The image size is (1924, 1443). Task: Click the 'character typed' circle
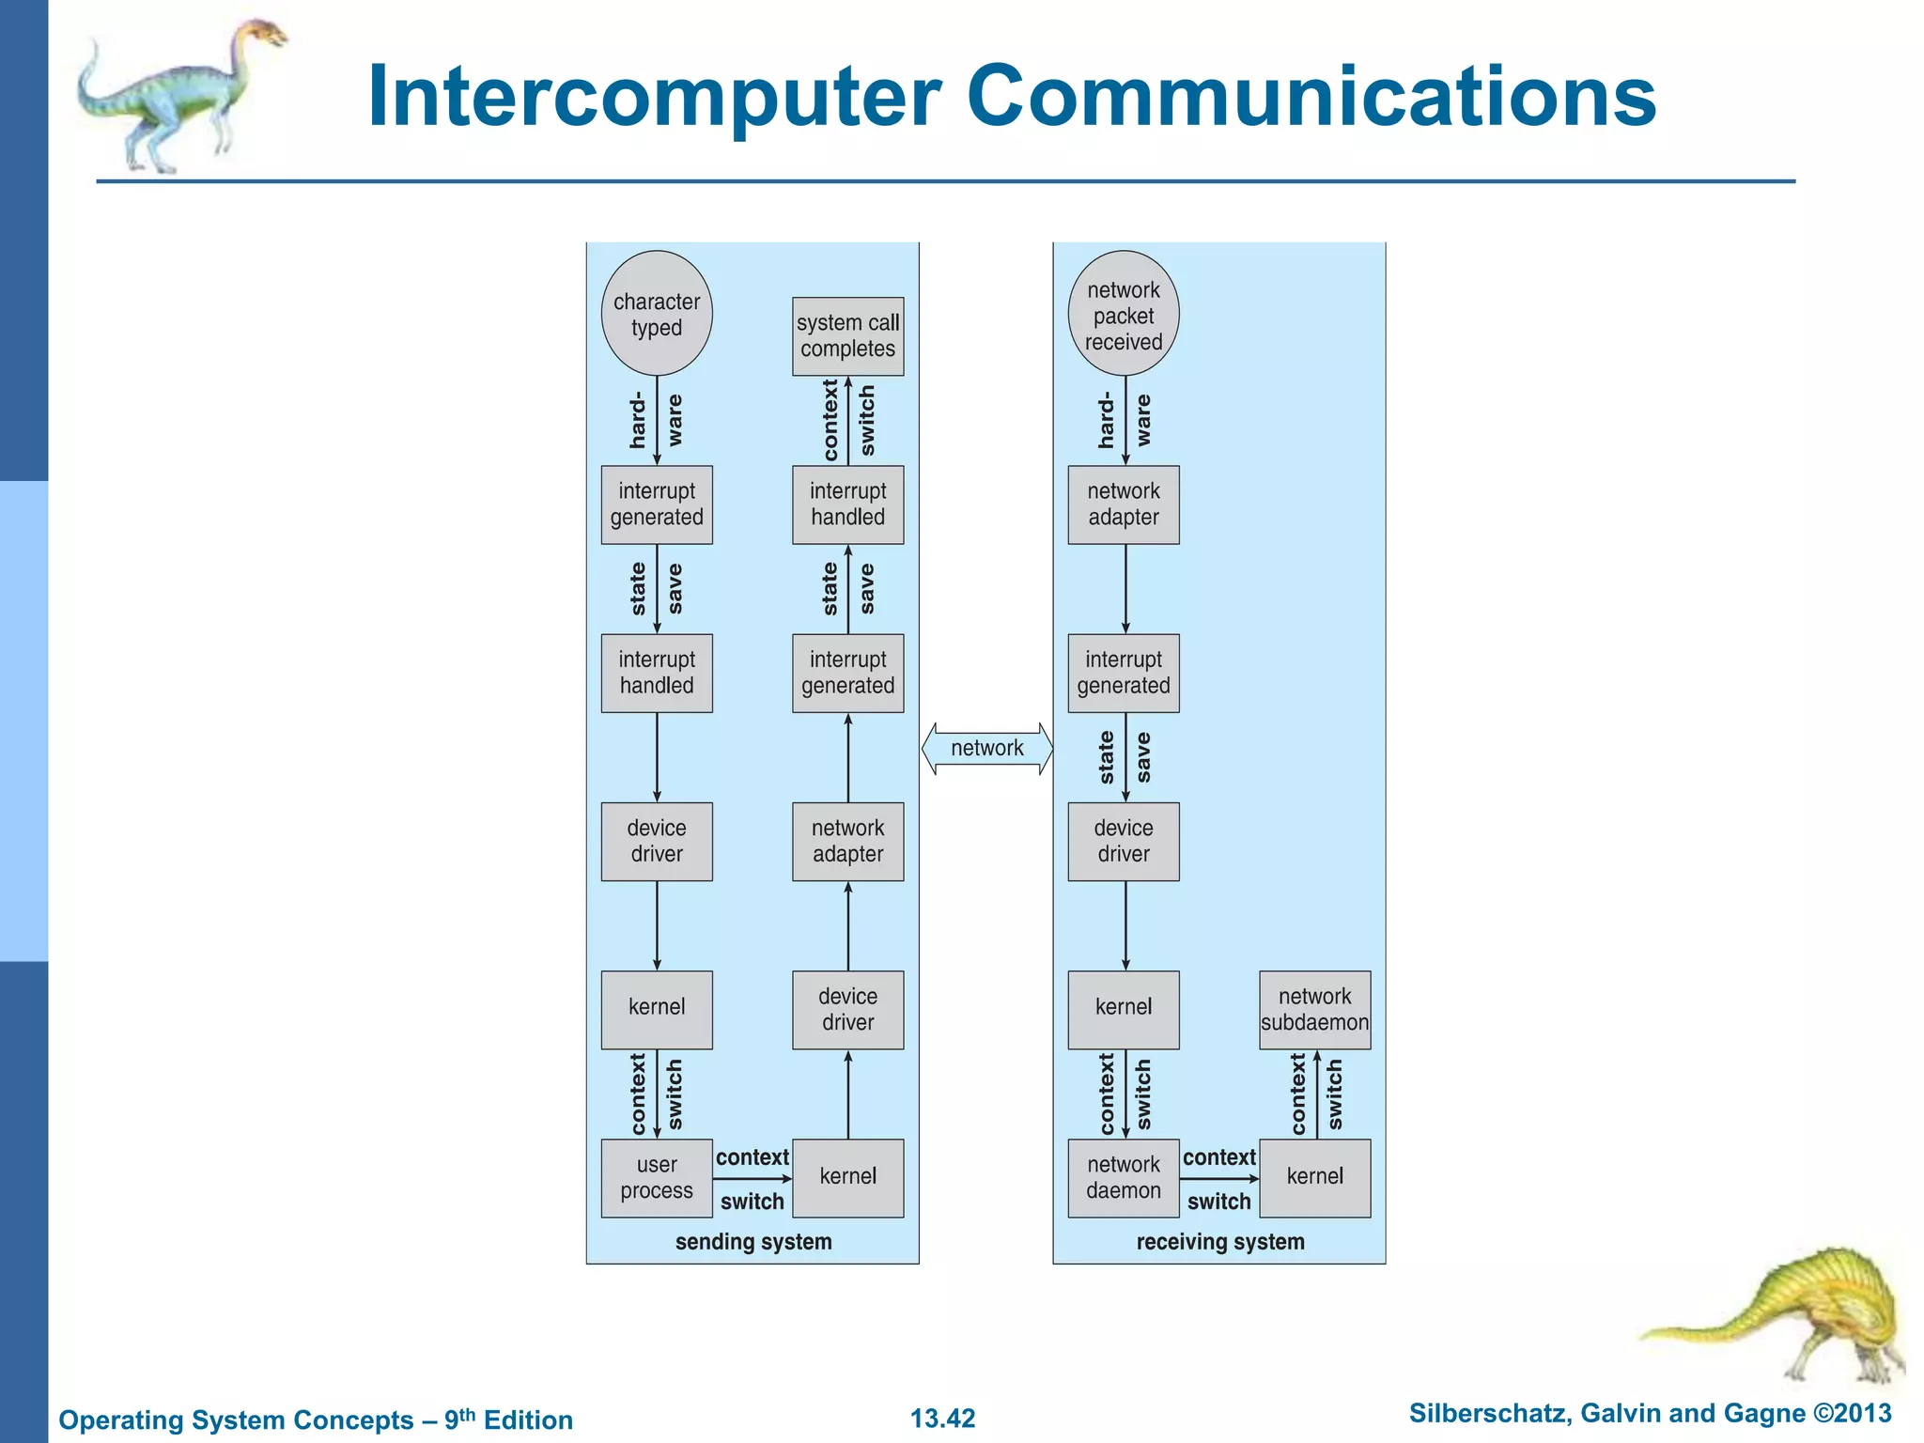coord(657,314)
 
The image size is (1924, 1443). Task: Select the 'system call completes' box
coord(847,336)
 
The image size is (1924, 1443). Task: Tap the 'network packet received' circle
coord(1124,314)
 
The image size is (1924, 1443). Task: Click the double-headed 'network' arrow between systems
coord(986,749)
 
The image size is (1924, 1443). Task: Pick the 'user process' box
coord(657,1178)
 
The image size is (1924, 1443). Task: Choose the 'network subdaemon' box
coord(1314,1010)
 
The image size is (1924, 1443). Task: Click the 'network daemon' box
coord(1124,1178)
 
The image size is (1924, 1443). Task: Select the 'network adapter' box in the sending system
coord(847,842)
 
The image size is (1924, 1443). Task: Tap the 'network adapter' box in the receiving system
coord(1124,504)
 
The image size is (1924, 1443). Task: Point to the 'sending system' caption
coord(753,1242)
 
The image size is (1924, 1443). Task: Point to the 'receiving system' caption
coord(1220,1242)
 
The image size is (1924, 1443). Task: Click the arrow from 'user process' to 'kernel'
coord(753,1178)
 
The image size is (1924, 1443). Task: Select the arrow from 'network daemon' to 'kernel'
coord(1219,1178)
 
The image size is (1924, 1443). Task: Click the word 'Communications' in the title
coord(1311,96)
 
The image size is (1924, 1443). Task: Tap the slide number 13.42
coord(942,1418)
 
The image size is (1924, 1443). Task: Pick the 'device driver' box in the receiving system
coord(1124,842)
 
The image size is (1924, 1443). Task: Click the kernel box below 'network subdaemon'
coord(1314,1178)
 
